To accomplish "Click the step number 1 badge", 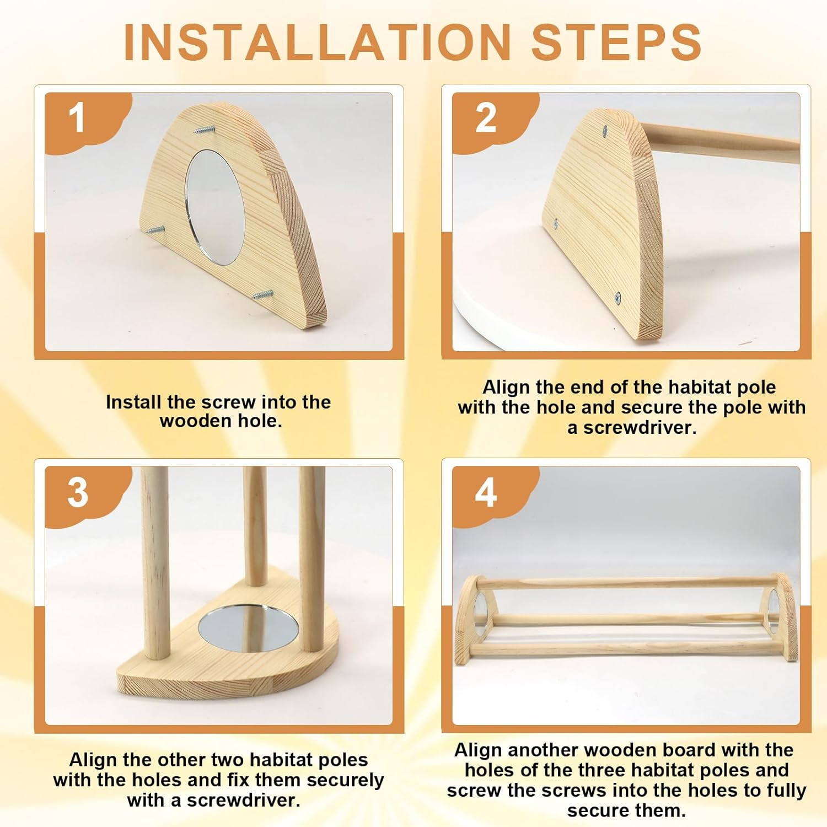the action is (x=78, y=119).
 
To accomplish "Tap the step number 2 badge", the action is (x=486, y=119).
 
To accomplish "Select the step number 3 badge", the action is (x=78, y=492).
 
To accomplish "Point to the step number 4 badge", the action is (x=486, y=492).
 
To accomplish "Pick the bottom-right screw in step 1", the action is (x=263, y=294).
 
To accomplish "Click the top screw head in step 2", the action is (x=605, y=131).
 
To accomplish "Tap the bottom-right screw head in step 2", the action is (x=618, y=298).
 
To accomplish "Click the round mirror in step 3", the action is (x=248, y=627).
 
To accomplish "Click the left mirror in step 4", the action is (x=480, y=610).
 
